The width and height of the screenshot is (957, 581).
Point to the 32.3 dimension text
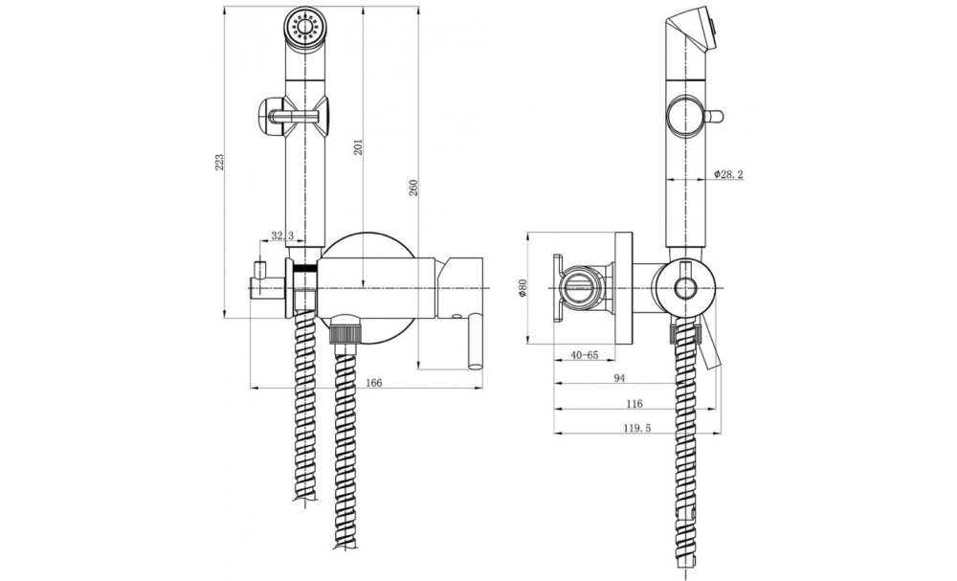point(282,235)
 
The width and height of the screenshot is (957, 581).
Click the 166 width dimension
point(374,383)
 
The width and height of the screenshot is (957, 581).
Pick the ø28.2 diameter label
point(730,174)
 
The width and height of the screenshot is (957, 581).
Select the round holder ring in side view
point(684,284)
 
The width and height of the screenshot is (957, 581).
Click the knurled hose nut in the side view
point(684,335)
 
